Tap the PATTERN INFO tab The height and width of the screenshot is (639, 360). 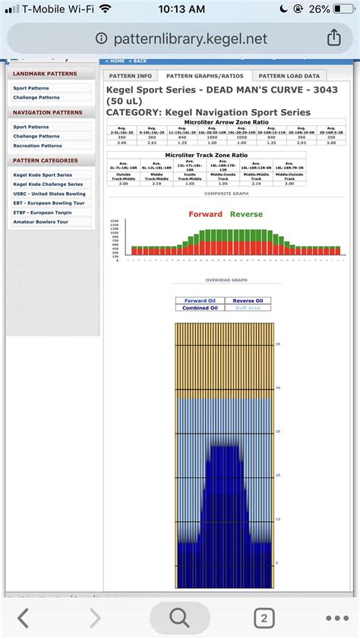tap(131, 76)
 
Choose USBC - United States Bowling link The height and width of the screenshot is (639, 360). tap(49, 194)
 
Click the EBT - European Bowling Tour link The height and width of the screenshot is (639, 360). tap(49, 203)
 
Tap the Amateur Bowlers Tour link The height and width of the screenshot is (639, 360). tap(40, 222)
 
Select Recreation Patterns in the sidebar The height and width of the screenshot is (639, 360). tap(37, 146)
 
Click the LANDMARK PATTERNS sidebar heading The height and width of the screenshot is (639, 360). tap(45, 74)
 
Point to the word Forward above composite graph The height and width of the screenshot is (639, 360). tap(206, 214)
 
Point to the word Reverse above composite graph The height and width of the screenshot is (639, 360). tap(246, 214)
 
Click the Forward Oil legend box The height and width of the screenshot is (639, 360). tap(201, 301)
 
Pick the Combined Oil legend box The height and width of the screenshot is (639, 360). tap(201, 308)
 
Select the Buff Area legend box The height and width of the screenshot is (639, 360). tap(248, 308)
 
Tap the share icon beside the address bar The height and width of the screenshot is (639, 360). tap(333, 37)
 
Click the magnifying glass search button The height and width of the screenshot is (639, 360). tap(180, 619)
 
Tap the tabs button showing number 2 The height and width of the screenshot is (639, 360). tap(264, 619)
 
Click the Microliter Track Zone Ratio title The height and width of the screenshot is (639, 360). tap(207, 154)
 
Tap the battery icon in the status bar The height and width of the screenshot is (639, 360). tap(339, 10)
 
